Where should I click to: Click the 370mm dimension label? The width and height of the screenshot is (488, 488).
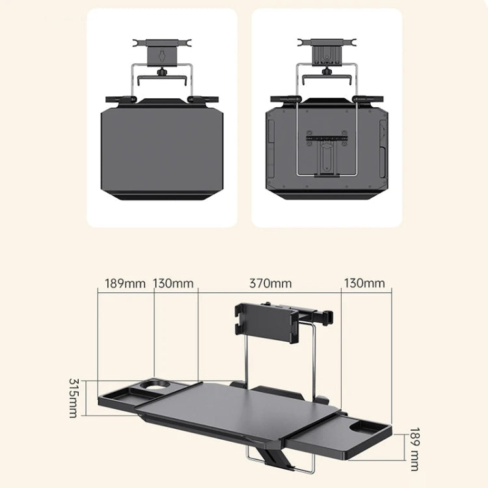coord(270,283)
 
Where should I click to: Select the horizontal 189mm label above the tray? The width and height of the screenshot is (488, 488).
coord(125,283)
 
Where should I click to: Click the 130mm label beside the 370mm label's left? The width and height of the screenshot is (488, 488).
coord(174,283)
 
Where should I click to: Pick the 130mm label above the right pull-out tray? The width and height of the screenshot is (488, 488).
coord(364,283)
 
